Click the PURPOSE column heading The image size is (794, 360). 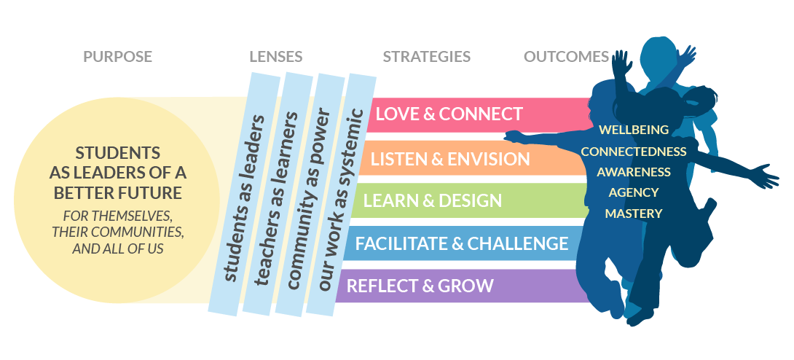coord(117,57)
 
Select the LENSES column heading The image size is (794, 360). coord(275,57)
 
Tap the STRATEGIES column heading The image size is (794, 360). coord(427,57)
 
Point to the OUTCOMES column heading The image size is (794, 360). coord(566,57)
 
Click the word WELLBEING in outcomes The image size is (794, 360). coord(633,130)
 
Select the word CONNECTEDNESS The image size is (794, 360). coord(634,152)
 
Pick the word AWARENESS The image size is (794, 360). coord(634,172)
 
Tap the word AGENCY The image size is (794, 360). coord(634,192)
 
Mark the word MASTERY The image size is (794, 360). coord(634,214)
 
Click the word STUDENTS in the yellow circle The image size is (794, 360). coord(117,154)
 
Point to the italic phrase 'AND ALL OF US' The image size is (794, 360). coord(117,248)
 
